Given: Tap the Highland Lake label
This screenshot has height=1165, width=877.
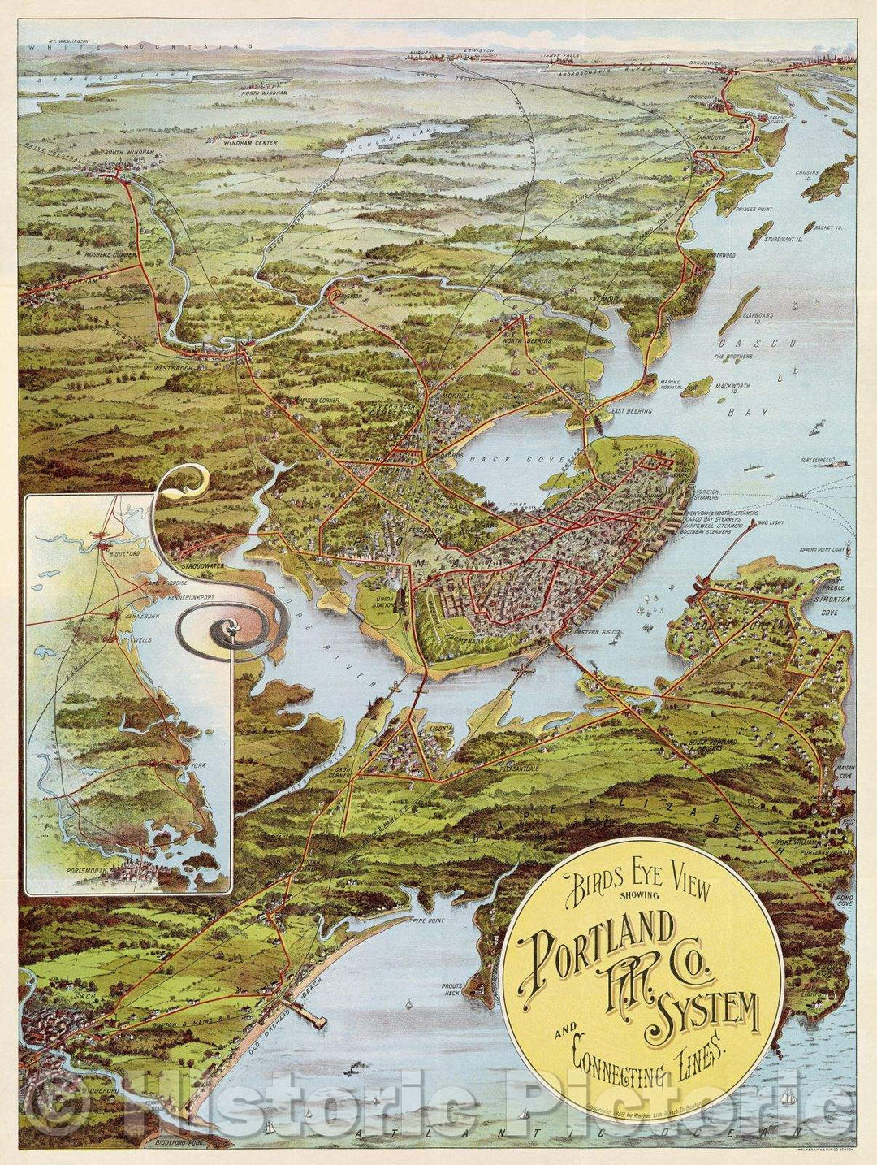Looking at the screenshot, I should [x=369, y=142].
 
